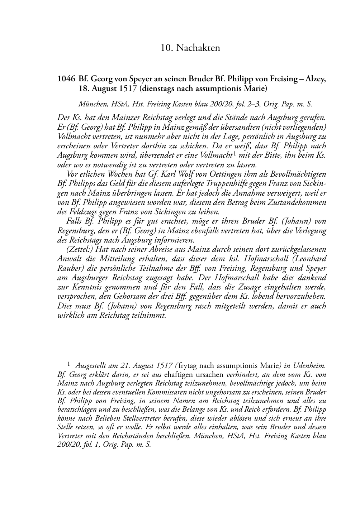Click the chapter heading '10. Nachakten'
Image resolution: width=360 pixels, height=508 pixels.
point(190,48)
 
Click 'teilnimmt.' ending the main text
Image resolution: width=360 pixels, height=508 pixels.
point(151,315)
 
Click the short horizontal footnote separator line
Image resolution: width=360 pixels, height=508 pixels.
point(71,358)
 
